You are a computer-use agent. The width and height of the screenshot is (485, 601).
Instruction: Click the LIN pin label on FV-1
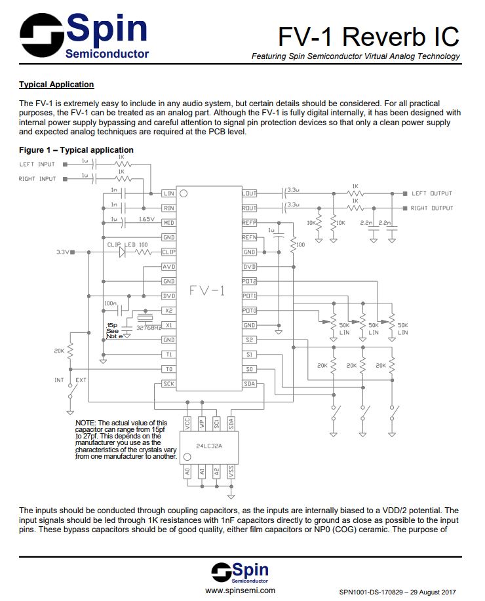point(169,194)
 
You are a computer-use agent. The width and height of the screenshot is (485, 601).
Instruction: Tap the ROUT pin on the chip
point(249,208)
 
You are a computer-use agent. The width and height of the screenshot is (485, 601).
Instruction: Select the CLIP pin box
point(169,252)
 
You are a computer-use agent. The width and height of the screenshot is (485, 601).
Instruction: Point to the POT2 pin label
point(249,281)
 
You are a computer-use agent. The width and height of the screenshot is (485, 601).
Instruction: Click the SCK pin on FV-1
point(169,383)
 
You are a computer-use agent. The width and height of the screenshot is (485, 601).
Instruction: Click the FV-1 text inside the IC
point(207,290)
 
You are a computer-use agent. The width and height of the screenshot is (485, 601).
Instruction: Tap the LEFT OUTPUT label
point(432,193)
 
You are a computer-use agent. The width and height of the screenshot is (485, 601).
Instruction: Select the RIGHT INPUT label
point(37,179)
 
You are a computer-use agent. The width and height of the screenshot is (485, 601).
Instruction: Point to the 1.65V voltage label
point(147,219)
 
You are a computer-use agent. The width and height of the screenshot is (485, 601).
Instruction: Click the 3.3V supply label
point(62,252)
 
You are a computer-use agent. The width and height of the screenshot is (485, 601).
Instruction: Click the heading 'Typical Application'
point(56,85)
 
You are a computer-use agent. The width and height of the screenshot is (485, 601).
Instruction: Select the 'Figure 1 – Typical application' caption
point(76,150)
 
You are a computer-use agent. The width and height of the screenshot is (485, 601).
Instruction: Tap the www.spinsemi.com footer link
point(240,590)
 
